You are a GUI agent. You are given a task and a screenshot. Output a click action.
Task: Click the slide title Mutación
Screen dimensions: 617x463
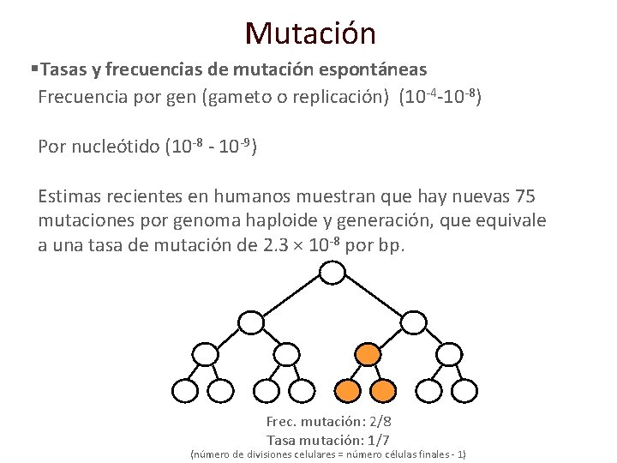309,33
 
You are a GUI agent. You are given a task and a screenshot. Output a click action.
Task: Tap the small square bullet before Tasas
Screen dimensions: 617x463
33,68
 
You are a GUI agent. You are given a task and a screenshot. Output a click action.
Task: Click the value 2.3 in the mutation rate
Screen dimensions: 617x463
271,245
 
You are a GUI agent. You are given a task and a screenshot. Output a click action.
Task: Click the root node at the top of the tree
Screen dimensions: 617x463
332,274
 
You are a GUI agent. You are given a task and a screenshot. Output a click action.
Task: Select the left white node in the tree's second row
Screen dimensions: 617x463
250,322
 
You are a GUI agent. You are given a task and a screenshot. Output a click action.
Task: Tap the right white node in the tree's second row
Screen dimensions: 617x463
414,322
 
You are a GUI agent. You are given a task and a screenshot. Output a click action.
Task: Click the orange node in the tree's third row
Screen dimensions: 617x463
368,354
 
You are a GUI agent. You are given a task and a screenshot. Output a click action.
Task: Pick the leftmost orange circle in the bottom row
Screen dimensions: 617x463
347,391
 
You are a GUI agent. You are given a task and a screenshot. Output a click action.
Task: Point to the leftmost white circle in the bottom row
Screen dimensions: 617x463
184,391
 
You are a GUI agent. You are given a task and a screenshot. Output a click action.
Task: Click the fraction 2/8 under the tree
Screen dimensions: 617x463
379,422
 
